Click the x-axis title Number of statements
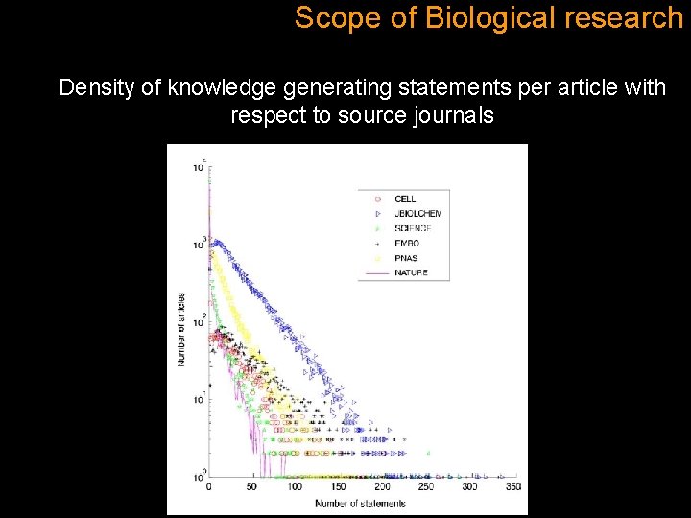[361, 503]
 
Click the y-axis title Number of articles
[179, 327]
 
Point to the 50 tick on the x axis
[251, 487]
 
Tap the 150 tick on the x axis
[339, 487]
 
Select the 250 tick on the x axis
[426, 487]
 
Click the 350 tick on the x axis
[513, 487]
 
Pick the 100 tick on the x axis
[296, 487]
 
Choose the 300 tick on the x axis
[470, 487]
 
